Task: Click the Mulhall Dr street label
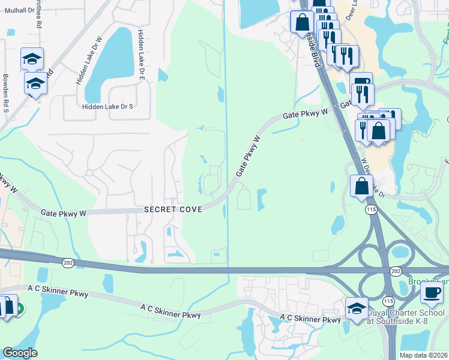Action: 19,11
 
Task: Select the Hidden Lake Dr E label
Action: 142,55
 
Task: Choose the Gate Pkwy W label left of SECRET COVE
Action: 64,212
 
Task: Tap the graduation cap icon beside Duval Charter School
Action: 357,308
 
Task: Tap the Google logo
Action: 20,353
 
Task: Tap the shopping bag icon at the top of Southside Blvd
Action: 302,23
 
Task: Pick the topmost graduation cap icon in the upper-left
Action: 32,59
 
